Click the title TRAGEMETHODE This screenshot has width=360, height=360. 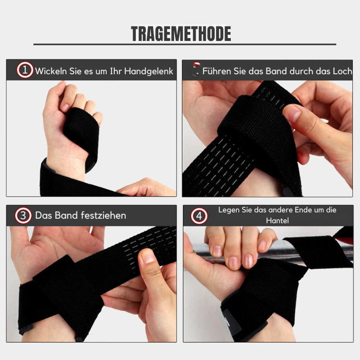point(181,34)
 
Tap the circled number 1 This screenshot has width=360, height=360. point(25,70)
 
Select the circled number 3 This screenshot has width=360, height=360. point(23,216)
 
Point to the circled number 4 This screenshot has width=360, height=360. point(199,216)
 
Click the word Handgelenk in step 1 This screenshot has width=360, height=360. point(148,72)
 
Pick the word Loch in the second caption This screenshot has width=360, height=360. point(342,71)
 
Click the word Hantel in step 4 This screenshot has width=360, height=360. point(277,220)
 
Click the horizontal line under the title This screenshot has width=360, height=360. point(185,44)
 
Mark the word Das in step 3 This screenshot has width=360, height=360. point(44,216)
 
